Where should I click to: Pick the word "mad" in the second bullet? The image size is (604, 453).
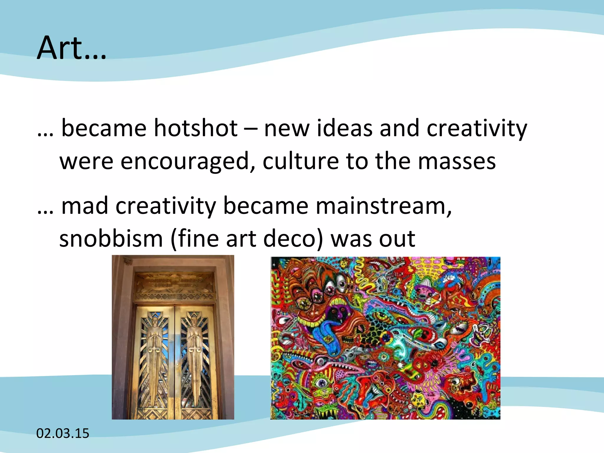tap(85, 206)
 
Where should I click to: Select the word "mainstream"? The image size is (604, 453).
tap(384, 206)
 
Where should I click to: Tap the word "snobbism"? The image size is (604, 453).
tap(111, 239)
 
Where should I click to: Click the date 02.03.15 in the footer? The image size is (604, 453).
tap(63, 433)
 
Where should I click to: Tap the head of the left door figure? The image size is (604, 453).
tap(155, 320)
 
